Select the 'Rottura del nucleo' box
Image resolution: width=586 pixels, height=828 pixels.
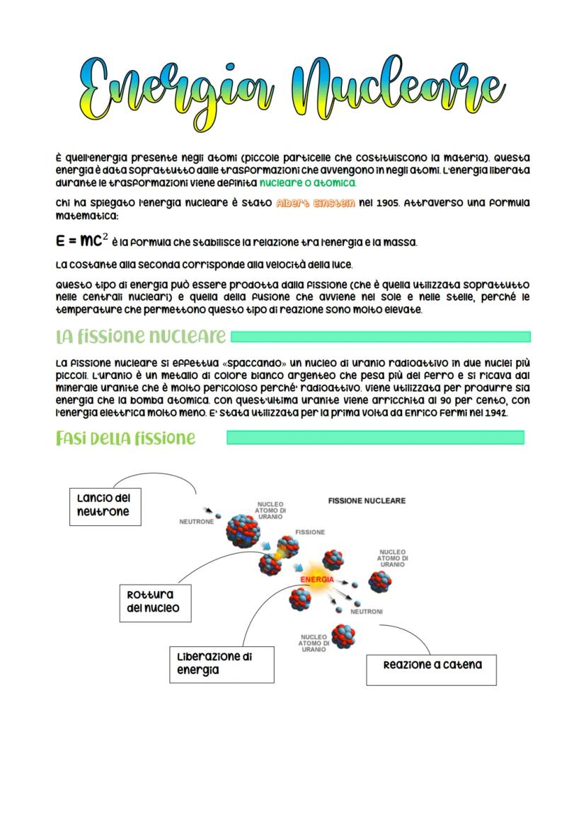(x=154, y=602)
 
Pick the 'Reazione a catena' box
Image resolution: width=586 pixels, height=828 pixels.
(x=432, y=665)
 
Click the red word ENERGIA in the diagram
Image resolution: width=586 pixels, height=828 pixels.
(x=317, y=580)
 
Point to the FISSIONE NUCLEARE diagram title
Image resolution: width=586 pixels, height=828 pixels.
(x=367, y=501)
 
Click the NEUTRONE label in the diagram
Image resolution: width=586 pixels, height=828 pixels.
(x=196, y=522)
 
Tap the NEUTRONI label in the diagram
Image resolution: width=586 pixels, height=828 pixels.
(x=367, y=612)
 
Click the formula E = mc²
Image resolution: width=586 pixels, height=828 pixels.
(x=81, y=241)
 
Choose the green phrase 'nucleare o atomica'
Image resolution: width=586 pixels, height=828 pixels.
(x=308, y=183)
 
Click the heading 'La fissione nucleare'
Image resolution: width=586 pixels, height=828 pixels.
(x=141, y=335)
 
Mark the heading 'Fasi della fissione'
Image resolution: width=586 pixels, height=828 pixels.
(x=125, y=438)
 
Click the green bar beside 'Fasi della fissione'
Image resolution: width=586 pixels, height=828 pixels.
(x=375, y=438)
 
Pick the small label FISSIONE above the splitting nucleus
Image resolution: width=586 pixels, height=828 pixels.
(x=310, y=532)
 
